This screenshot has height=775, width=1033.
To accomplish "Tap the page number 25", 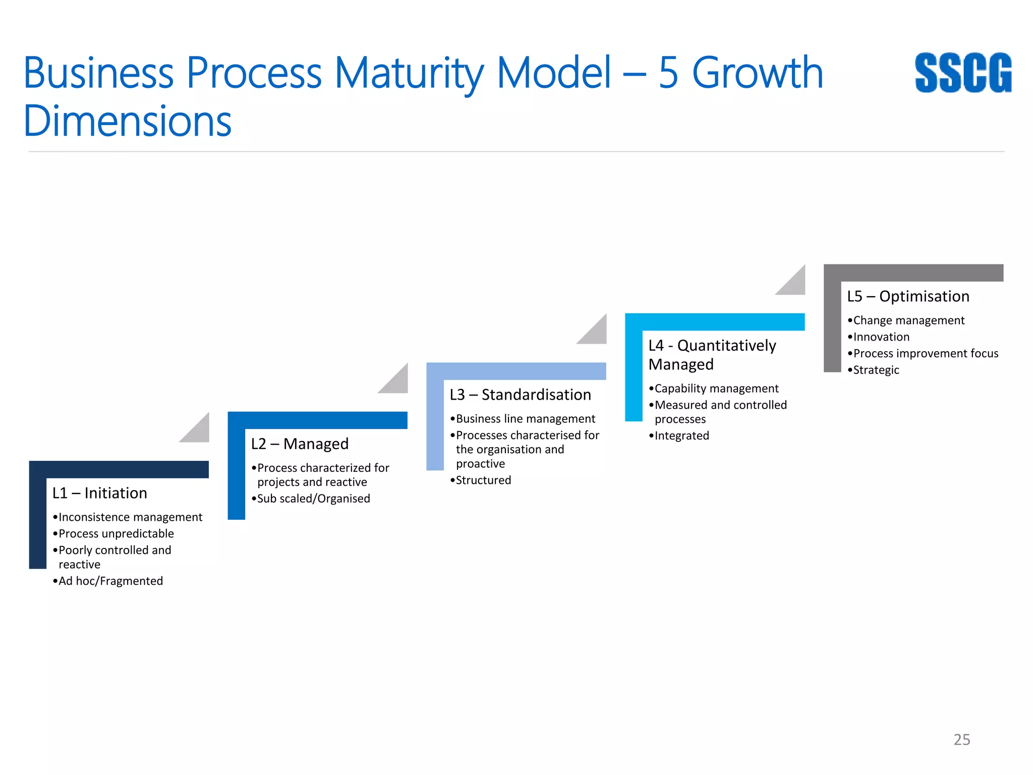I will pos(961,739).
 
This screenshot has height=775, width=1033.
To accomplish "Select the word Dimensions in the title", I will pos(127,121).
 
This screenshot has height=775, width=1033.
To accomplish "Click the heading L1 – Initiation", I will pos(100,493).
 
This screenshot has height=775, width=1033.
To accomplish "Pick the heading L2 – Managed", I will pos(300,444).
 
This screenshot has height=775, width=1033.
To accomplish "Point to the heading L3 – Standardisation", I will pos(520,395).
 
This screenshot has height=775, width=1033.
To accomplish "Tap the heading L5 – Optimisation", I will pos(908,296).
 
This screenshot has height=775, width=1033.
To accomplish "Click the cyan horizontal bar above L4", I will pos(715,322).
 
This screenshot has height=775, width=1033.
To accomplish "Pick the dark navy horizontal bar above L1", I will pos(119,469).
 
